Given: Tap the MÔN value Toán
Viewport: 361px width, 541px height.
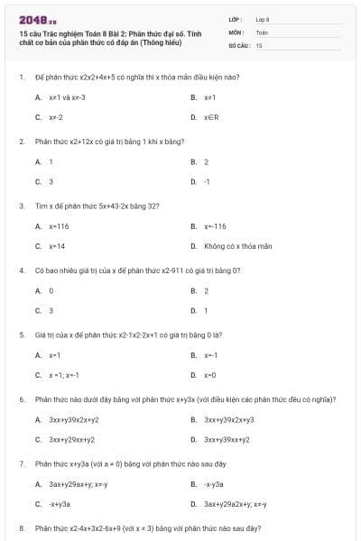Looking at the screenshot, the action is coord(262,32).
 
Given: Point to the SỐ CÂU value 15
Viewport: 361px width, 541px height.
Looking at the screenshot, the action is coord(259,44).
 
